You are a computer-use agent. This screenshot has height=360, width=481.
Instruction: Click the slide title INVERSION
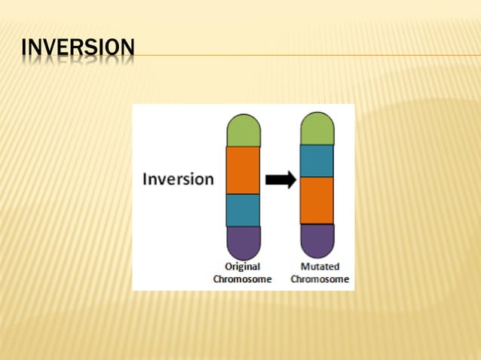(78, 47)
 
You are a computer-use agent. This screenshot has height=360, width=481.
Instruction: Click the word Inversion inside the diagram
(179, 179)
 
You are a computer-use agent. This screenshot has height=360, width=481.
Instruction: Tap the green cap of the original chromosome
(243, 130)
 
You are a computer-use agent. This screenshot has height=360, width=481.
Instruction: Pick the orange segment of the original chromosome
(243, 170)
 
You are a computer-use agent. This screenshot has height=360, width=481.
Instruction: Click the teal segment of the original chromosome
(243, 210)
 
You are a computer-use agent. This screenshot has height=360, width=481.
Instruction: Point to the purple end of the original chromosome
(243, 243)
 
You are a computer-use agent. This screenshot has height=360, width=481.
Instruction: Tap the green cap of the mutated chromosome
(317, 129)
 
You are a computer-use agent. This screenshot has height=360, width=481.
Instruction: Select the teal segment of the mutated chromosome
(317, 160)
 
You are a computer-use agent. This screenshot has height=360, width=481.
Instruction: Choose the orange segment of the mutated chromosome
(317, 200)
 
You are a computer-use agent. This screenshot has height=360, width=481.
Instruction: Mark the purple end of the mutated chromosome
(317, 240)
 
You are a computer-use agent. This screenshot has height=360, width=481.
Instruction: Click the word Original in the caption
(243, 267)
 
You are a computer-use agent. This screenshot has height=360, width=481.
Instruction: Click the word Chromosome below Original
(243, 279)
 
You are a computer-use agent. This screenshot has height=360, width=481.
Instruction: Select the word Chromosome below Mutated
(320, 279)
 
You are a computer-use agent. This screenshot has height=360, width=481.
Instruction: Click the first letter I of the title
(24, 47)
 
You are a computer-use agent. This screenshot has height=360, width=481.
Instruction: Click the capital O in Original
(229, 267)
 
